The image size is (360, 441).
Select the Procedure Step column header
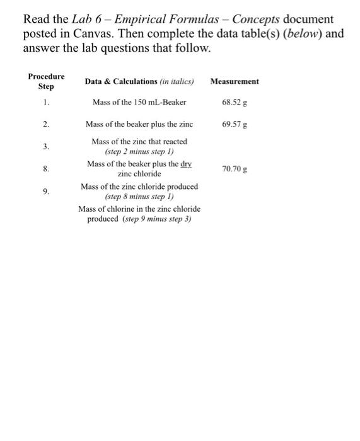[x=46, y=81]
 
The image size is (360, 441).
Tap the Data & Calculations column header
[x=139, y=81]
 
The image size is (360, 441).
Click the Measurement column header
[x=235, y=81]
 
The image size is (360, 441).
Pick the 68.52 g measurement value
[x=235, y=102]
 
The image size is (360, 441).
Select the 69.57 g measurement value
[x=235, y=124]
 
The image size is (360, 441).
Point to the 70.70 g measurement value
[x=235, y=169]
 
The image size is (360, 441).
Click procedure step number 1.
[x=46, y=102]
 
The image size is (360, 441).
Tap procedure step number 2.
[x=46, y=124]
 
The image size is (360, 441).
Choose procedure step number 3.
[x=46, y=146]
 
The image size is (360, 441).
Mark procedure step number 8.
[x=46, y=169]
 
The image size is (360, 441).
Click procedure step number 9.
[x=46, y=191]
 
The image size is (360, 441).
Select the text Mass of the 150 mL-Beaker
[x=139, y=102]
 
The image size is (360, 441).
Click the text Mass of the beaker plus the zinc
[x=139, y=124]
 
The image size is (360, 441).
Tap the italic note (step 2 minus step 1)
[x=139, y=152]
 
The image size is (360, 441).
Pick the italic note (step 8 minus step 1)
[x=139, y=196]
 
